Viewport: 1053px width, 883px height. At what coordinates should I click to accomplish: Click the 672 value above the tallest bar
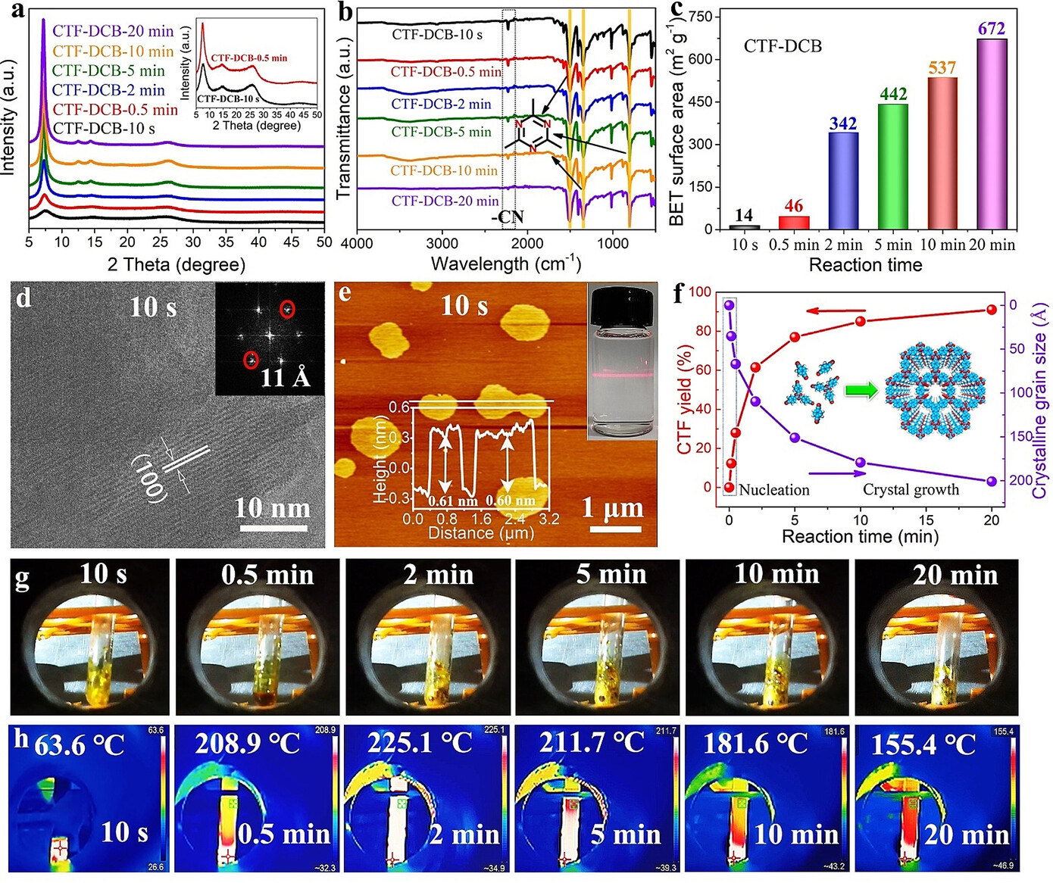pyautogui.click(x=992, y=29)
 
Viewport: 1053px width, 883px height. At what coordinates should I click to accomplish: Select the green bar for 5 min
pyautogui.click(x=892, y=166)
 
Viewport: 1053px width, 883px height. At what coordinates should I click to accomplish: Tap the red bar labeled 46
pyautogui.click(x=794, y=222)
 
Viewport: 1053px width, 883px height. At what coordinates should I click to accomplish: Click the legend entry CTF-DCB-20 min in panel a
pyautogui.click(x=113, y=31)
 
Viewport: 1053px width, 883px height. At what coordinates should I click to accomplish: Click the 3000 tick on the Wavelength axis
pyautogui.click(x=442, y=244)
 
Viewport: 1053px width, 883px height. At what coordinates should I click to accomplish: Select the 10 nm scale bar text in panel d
pyautogui.click(x=272, y=507)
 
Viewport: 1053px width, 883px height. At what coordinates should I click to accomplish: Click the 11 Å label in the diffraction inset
pyautogui.click(x=286, y=376)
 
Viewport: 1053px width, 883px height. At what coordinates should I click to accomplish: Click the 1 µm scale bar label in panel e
pyautogui.click(x=612, y=507)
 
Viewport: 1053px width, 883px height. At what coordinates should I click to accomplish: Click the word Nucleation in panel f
pyautogui.click(x=774, y=490)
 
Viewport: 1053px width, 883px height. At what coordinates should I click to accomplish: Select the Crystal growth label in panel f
pyautogui.click(x=911, y=490)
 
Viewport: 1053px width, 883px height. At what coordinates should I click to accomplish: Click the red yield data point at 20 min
pyautogui.click(x=992, y=310)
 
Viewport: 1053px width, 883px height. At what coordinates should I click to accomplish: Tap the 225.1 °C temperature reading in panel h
pyautogui.click(x=420, y=744)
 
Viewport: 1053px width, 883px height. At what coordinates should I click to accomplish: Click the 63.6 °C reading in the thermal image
pyautogui.click(x=79, y=745)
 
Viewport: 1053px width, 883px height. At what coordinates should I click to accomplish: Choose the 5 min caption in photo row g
pyautogui.click(x=611, y=575)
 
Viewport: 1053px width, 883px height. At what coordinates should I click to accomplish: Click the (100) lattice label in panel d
pyautogui.click(x=149, y=478)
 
